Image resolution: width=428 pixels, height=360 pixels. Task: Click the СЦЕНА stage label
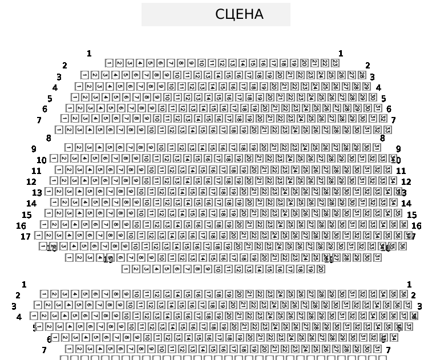click(x=239, y=15)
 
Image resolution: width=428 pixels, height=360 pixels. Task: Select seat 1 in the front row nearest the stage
click(x=110, y=63)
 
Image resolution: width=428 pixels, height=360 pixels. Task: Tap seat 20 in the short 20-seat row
click(x=320, y=269)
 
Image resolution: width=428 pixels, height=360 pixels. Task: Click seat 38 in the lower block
click(x=414, y=315)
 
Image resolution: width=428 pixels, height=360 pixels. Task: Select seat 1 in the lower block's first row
click(x=45, y=294)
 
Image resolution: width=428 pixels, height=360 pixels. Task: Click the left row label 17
click(x=25, y=236)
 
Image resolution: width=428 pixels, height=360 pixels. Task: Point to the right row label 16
click(x=416, y=226)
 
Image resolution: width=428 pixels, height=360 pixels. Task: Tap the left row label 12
click(x=31, y=182)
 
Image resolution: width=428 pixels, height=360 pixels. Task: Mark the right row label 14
click(x=406, y=203)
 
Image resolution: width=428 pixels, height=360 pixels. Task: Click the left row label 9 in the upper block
click(x=34, y=149)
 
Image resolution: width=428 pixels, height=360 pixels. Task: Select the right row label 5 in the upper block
click(x=383, y=99)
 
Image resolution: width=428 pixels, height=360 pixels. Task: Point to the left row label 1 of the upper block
click(x=89, y=54)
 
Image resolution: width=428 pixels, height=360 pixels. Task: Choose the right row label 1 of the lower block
click(x=409, y=284)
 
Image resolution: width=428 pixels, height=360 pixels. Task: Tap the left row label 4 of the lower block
click(x=19, y=317)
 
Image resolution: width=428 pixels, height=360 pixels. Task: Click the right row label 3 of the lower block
click(x=419, y=306)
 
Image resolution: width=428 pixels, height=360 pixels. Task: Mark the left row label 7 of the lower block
click(x=44, y=350)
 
